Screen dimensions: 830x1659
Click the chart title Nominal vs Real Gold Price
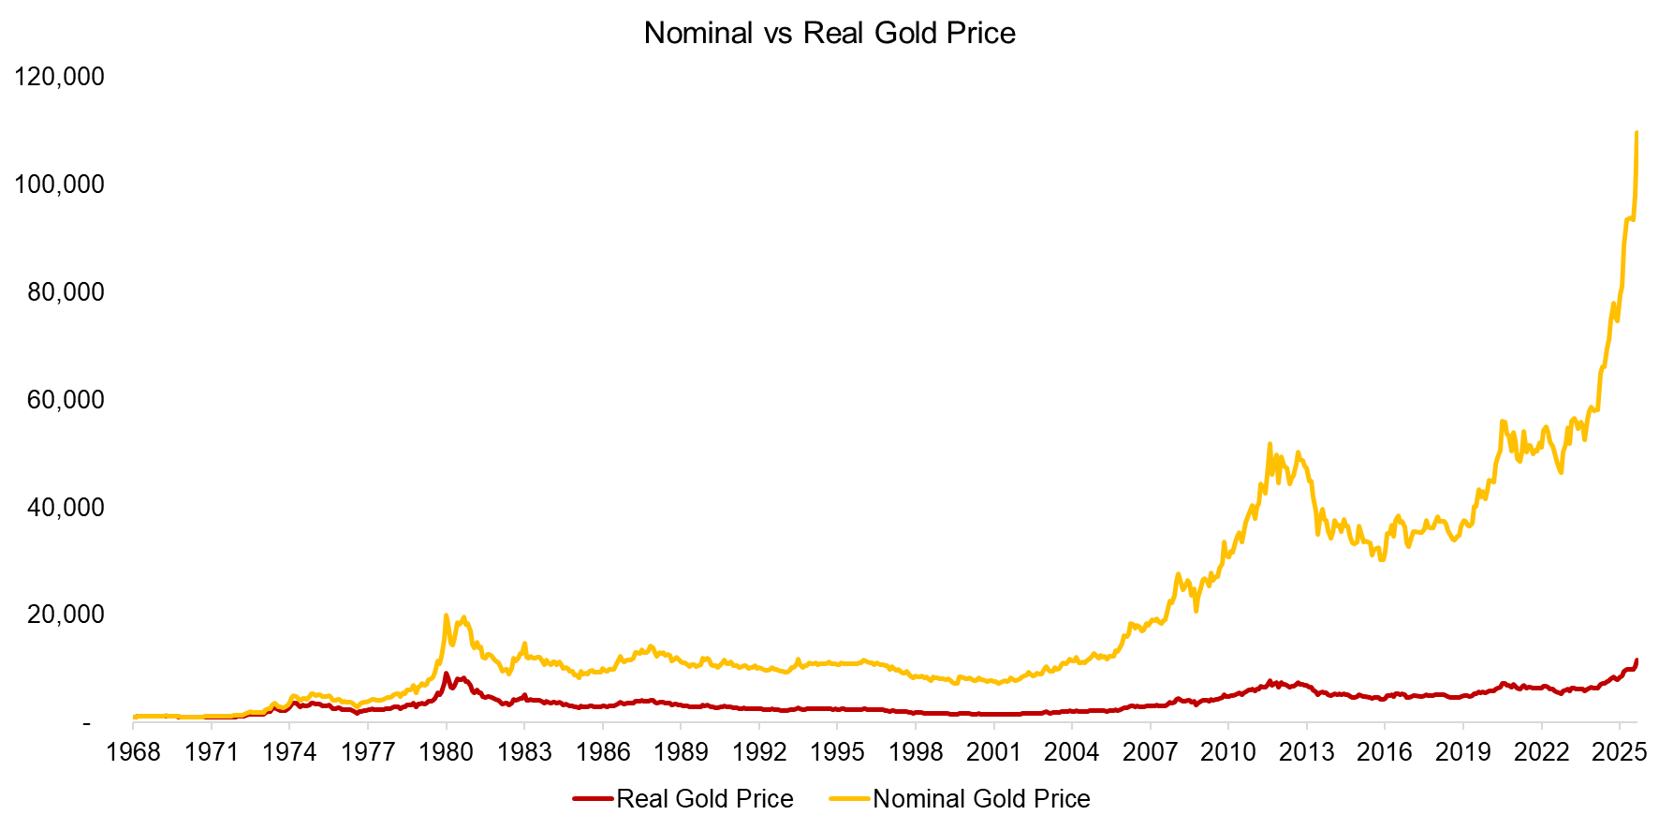[x=829, y=34]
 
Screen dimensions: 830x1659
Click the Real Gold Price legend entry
[x=704, y=799]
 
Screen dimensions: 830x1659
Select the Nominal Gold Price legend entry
[x=981, y=799]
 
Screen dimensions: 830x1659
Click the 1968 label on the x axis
[x=133, y=752]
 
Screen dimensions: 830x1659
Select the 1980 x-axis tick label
[x=446, y=752]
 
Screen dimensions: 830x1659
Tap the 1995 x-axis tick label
[x=837, y=752]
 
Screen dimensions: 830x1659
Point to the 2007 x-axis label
[x=1150, y=752]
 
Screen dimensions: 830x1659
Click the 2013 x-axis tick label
[x=1306, y=752]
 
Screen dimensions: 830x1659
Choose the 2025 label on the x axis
[x=1619, y=752]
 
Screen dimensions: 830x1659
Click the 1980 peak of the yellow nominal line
[x=447, y=615]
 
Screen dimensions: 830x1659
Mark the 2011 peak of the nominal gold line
[x=1270, y=444]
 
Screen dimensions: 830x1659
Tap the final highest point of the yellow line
[x=1637, y=133]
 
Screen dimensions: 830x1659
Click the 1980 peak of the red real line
[x=446, y=674]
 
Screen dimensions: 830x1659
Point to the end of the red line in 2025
[x=1637, y=660]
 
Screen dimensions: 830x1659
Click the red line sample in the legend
[x=593, y=799]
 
